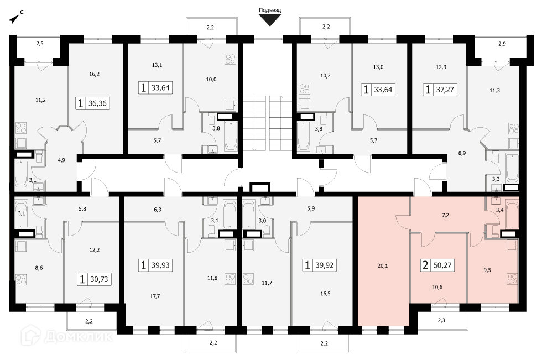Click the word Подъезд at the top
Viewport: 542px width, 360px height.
coord(270,10)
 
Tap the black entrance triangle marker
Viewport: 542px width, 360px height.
coord(270,20)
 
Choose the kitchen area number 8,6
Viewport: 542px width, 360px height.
coord(39,267)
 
